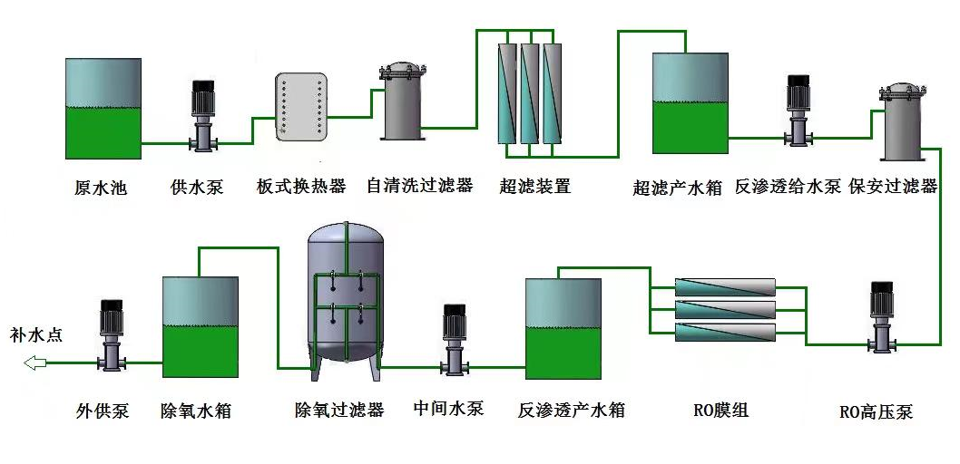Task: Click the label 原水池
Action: [x=101, y=188]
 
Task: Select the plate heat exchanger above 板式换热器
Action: [x=300, y=107]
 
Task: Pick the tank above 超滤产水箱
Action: [x=690, y=102]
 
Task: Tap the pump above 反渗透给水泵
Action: [x=798, y=111]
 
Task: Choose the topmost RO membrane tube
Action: [x=725, y=288]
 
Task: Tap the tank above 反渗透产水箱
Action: [x=563, y=328]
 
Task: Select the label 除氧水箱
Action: [x=196, y=411]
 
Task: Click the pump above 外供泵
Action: [x=112, y=334]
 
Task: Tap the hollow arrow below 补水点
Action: [x=35, y=363]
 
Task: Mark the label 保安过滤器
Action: [x=893, y=188]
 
